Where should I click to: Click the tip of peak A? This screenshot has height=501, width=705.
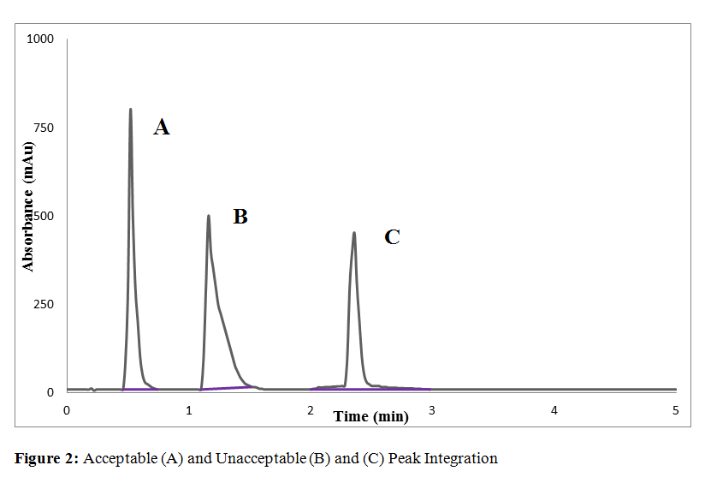[130, 110]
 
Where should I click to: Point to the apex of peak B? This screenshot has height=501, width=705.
[209, 216]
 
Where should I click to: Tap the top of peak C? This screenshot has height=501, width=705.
[354, 233]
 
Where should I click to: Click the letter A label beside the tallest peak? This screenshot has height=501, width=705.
[161, 128]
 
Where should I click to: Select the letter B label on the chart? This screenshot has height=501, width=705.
[240, 217]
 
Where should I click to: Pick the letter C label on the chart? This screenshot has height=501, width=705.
[392, 237]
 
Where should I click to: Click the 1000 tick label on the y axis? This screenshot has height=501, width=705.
[40, 39]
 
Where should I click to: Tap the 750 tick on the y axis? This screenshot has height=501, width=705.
[44, 128]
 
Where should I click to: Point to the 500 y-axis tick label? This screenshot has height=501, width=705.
[44, 216]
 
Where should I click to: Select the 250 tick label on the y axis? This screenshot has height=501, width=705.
[44, 304]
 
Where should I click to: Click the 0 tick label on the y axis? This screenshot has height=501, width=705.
[50, 392]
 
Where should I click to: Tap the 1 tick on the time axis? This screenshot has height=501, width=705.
[189, 410]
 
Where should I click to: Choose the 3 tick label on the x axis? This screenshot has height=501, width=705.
[432, 410]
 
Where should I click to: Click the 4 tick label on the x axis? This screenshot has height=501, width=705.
[554, 410]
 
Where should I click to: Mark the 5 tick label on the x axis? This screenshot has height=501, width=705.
[675, 410]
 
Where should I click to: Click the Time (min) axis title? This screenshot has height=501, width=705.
[371, 417]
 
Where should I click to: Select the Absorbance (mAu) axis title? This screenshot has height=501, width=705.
[28, 206]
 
